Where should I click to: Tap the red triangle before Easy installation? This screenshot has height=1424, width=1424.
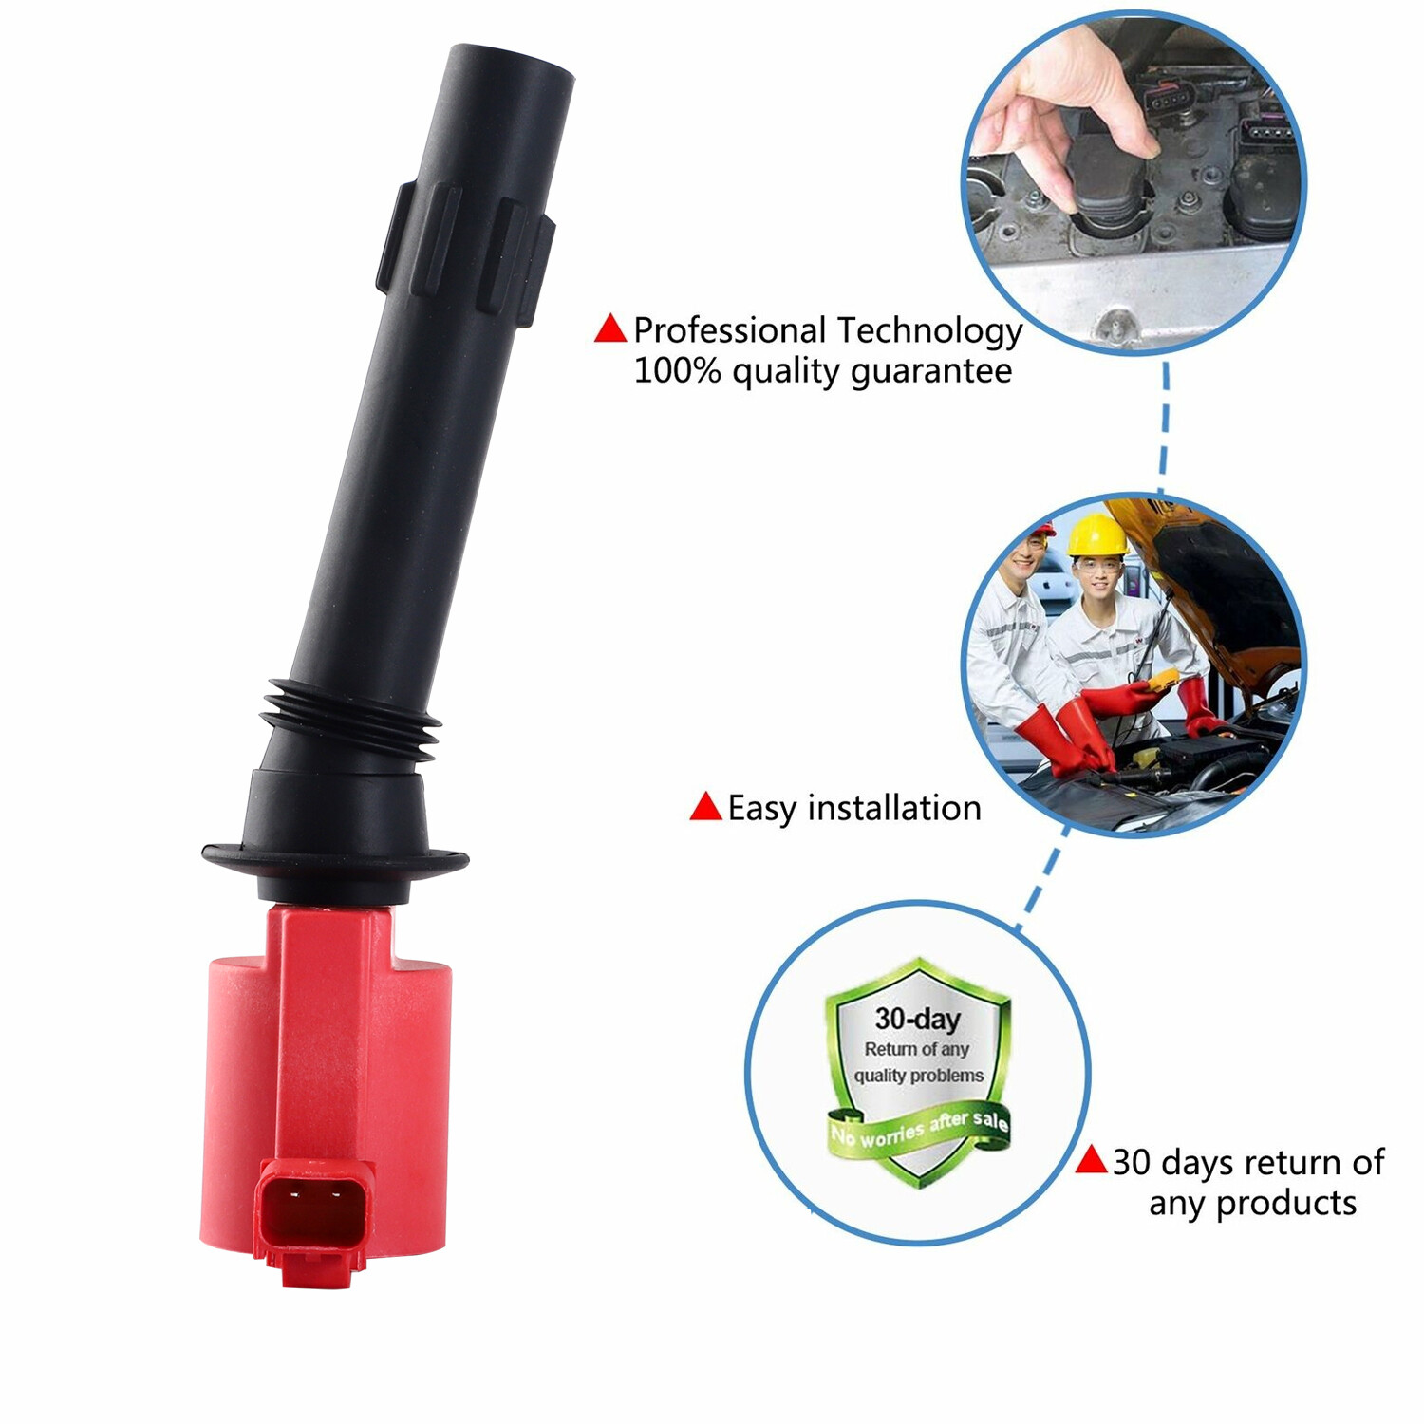point(705,808)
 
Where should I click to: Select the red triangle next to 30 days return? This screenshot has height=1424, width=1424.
point(1092,1160)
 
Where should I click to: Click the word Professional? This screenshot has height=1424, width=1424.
point(729,330)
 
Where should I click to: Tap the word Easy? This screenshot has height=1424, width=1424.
point(762,809)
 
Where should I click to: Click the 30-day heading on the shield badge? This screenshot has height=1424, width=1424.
point(917,1019)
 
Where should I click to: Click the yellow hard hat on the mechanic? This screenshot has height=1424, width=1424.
point(1097,535)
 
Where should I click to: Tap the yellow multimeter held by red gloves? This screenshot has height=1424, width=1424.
point(1162,679)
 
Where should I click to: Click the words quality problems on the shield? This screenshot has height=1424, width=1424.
point(918,1076)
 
